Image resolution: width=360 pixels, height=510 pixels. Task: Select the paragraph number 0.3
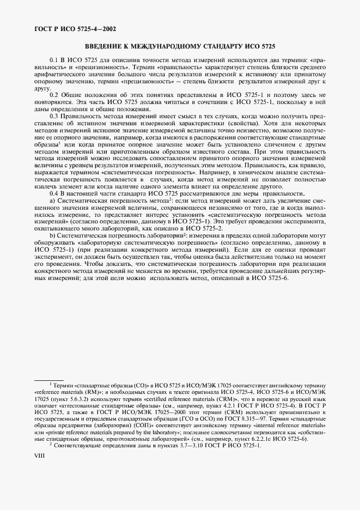[x=54, y=116]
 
